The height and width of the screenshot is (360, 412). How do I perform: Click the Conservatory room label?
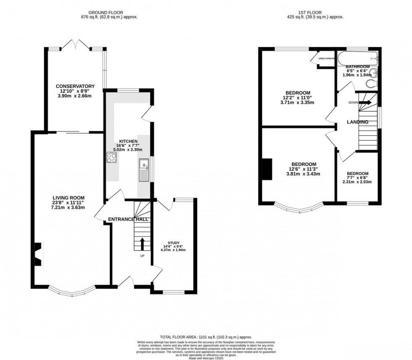coord(75,86)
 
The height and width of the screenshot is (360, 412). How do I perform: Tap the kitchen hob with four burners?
coord(112,158)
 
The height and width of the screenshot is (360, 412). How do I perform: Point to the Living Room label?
coord(69,198)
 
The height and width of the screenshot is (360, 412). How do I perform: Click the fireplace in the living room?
coord(38,255)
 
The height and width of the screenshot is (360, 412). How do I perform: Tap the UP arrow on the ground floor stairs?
coord(142,243)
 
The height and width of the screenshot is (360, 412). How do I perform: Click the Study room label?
coord(173,242)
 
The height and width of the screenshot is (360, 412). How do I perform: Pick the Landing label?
coord(357,122)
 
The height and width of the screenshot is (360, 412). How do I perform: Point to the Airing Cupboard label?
coord(327,59)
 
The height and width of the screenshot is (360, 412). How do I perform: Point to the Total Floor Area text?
coord(206,337)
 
